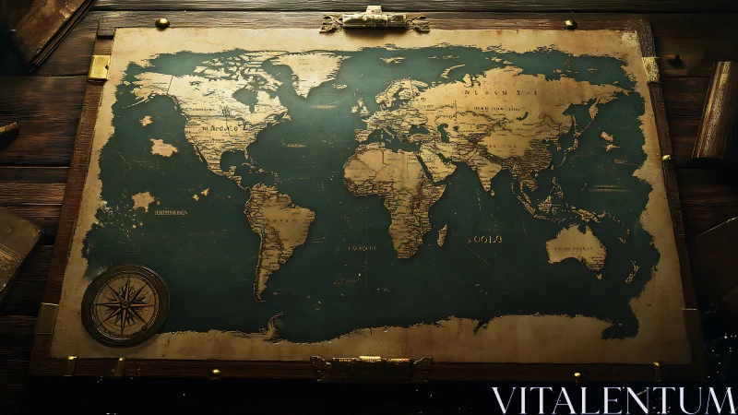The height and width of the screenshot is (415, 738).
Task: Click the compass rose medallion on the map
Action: tap(125, 305)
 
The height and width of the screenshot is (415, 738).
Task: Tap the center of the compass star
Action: tap(125, 305)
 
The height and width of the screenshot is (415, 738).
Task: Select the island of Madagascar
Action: tap(442, 235)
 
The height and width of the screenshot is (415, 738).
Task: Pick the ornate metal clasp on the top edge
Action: tap(375, 19)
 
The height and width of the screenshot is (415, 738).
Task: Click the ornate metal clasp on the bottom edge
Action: tap(371, 367)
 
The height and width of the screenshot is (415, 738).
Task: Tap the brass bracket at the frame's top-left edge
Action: tap(99, 67)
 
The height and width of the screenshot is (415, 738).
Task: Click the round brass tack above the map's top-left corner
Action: tap(162, 23)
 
